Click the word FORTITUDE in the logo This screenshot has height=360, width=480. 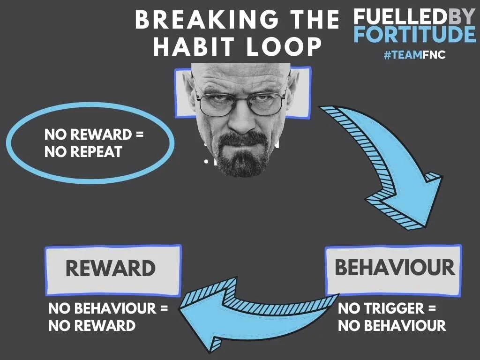[414, 35]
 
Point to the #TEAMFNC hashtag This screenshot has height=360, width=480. [414, 55]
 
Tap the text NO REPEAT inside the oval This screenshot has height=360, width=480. [83, 152]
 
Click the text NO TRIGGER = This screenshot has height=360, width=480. [387, 308]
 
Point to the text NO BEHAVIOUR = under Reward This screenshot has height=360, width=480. [108, 308]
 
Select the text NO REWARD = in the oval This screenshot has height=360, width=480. [94, 135]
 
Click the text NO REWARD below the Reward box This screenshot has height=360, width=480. [92, 325]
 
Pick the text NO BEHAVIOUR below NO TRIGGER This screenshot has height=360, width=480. [392, 325]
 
